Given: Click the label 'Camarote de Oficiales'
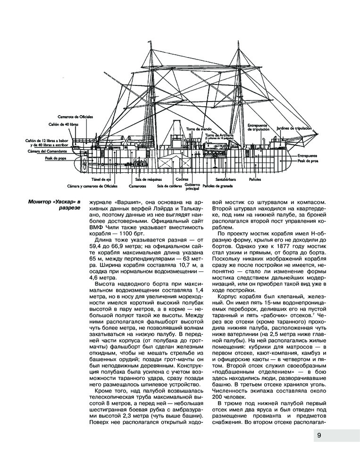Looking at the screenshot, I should [x=75, y=116].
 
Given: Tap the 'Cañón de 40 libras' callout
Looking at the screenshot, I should [x=63, y=125].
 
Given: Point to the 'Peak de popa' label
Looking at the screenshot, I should [x=56, y=159].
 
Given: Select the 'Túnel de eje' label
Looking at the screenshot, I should [x=101, y=180].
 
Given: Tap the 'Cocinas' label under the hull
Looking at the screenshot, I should [x=181, y=179].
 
